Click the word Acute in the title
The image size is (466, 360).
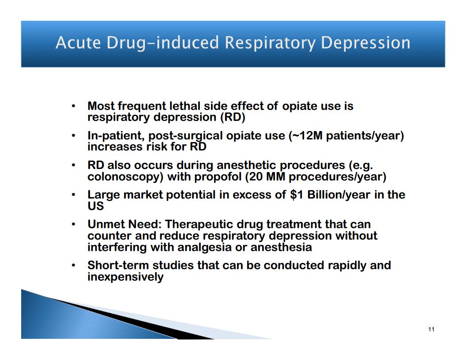78,42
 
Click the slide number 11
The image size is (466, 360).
431,329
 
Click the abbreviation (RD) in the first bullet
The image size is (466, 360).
233,117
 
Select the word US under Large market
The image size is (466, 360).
95,206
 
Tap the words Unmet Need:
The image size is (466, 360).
124,224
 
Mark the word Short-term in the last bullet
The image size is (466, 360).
118,265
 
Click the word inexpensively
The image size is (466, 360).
125,277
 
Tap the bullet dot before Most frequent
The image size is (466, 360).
73,106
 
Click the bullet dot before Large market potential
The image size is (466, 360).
73,195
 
